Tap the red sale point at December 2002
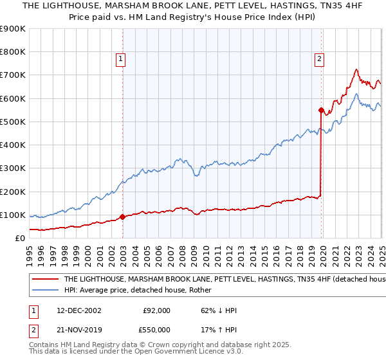tap(122, 217)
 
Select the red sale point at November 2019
tap(321, 110)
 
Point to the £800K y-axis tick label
tap(13, 52)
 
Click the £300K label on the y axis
tap(13, 168)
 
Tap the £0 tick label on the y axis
tap(20, 238)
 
